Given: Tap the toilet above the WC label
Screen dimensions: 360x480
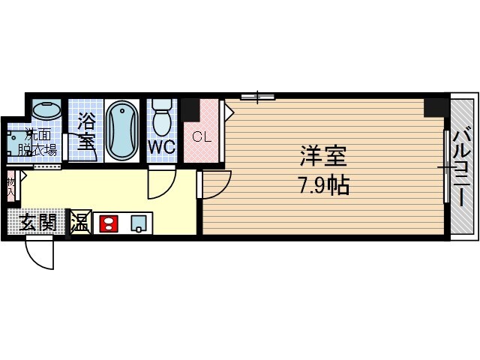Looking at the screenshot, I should pyautogui.click(x=161, y=118).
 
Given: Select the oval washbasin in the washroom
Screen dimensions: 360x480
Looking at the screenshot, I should pyautogui.click(x=47, y=109).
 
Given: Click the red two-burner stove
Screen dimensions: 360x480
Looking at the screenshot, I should pyautogui.click(x=108, y=223).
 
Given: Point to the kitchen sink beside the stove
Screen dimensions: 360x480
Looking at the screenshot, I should pyautogui.click(x=139, y=223).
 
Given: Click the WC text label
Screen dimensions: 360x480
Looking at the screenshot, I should pyautogui.click(x=161, y=147).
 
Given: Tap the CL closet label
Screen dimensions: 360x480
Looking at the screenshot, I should pyautogui.click(x=200, y=137).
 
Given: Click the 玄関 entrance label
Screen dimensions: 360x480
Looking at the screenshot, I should pyautogui.click(x=37, y=223).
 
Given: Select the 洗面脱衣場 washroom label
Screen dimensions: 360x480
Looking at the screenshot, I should pyautogui.click(x=40, y=142).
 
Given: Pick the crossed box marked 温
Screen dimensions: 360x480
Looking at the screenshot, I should pyautogui.click(x=79, y=223).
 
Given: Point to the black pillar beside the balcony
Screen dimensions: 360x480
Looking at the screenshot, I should pyautogui.click(x=435, y=107).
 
